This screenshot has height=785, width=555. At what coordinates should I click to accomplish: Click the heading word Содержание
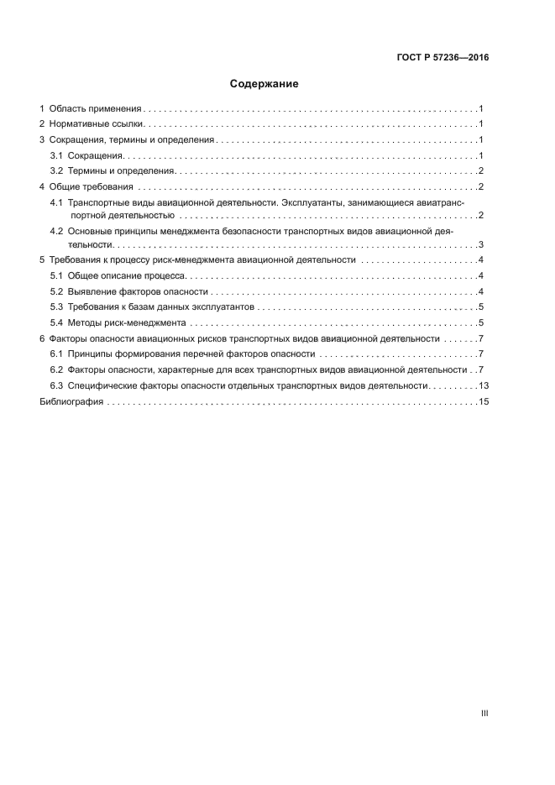[264, 84]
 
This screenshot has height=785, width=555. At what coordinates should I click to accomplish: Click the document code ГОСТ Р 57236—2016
[442, 58]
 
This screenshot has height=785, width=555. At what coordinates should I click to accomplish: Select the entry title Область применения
[96, 109]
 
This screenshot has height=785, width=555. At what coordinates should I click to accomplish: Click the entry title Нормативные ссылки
[97, 124]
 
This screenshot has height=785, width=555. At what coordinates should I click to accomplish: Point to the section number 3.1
[56, 155]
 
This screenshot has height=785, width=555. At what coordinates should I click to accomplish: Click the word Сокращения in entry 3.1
[96, 155]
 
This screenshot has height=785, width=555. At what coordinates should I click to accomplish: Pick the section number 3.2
[56, 170]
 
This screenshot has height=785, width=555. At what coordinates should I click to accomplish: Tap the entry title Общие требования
[91, 186]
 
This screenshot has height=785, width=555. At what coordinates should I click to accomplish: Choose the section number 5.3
[56, 306]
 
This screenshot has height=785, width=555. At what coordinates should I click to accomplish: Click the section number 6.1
[56, 353]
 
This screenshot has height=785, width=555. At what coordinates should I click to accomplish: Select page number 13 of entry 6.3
[483, 385]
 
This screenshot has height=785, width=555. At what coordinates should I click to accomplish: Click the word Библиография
[71, 402]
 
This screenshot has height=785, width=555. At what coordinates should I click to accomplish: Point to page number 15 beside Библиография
[483, 402]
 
